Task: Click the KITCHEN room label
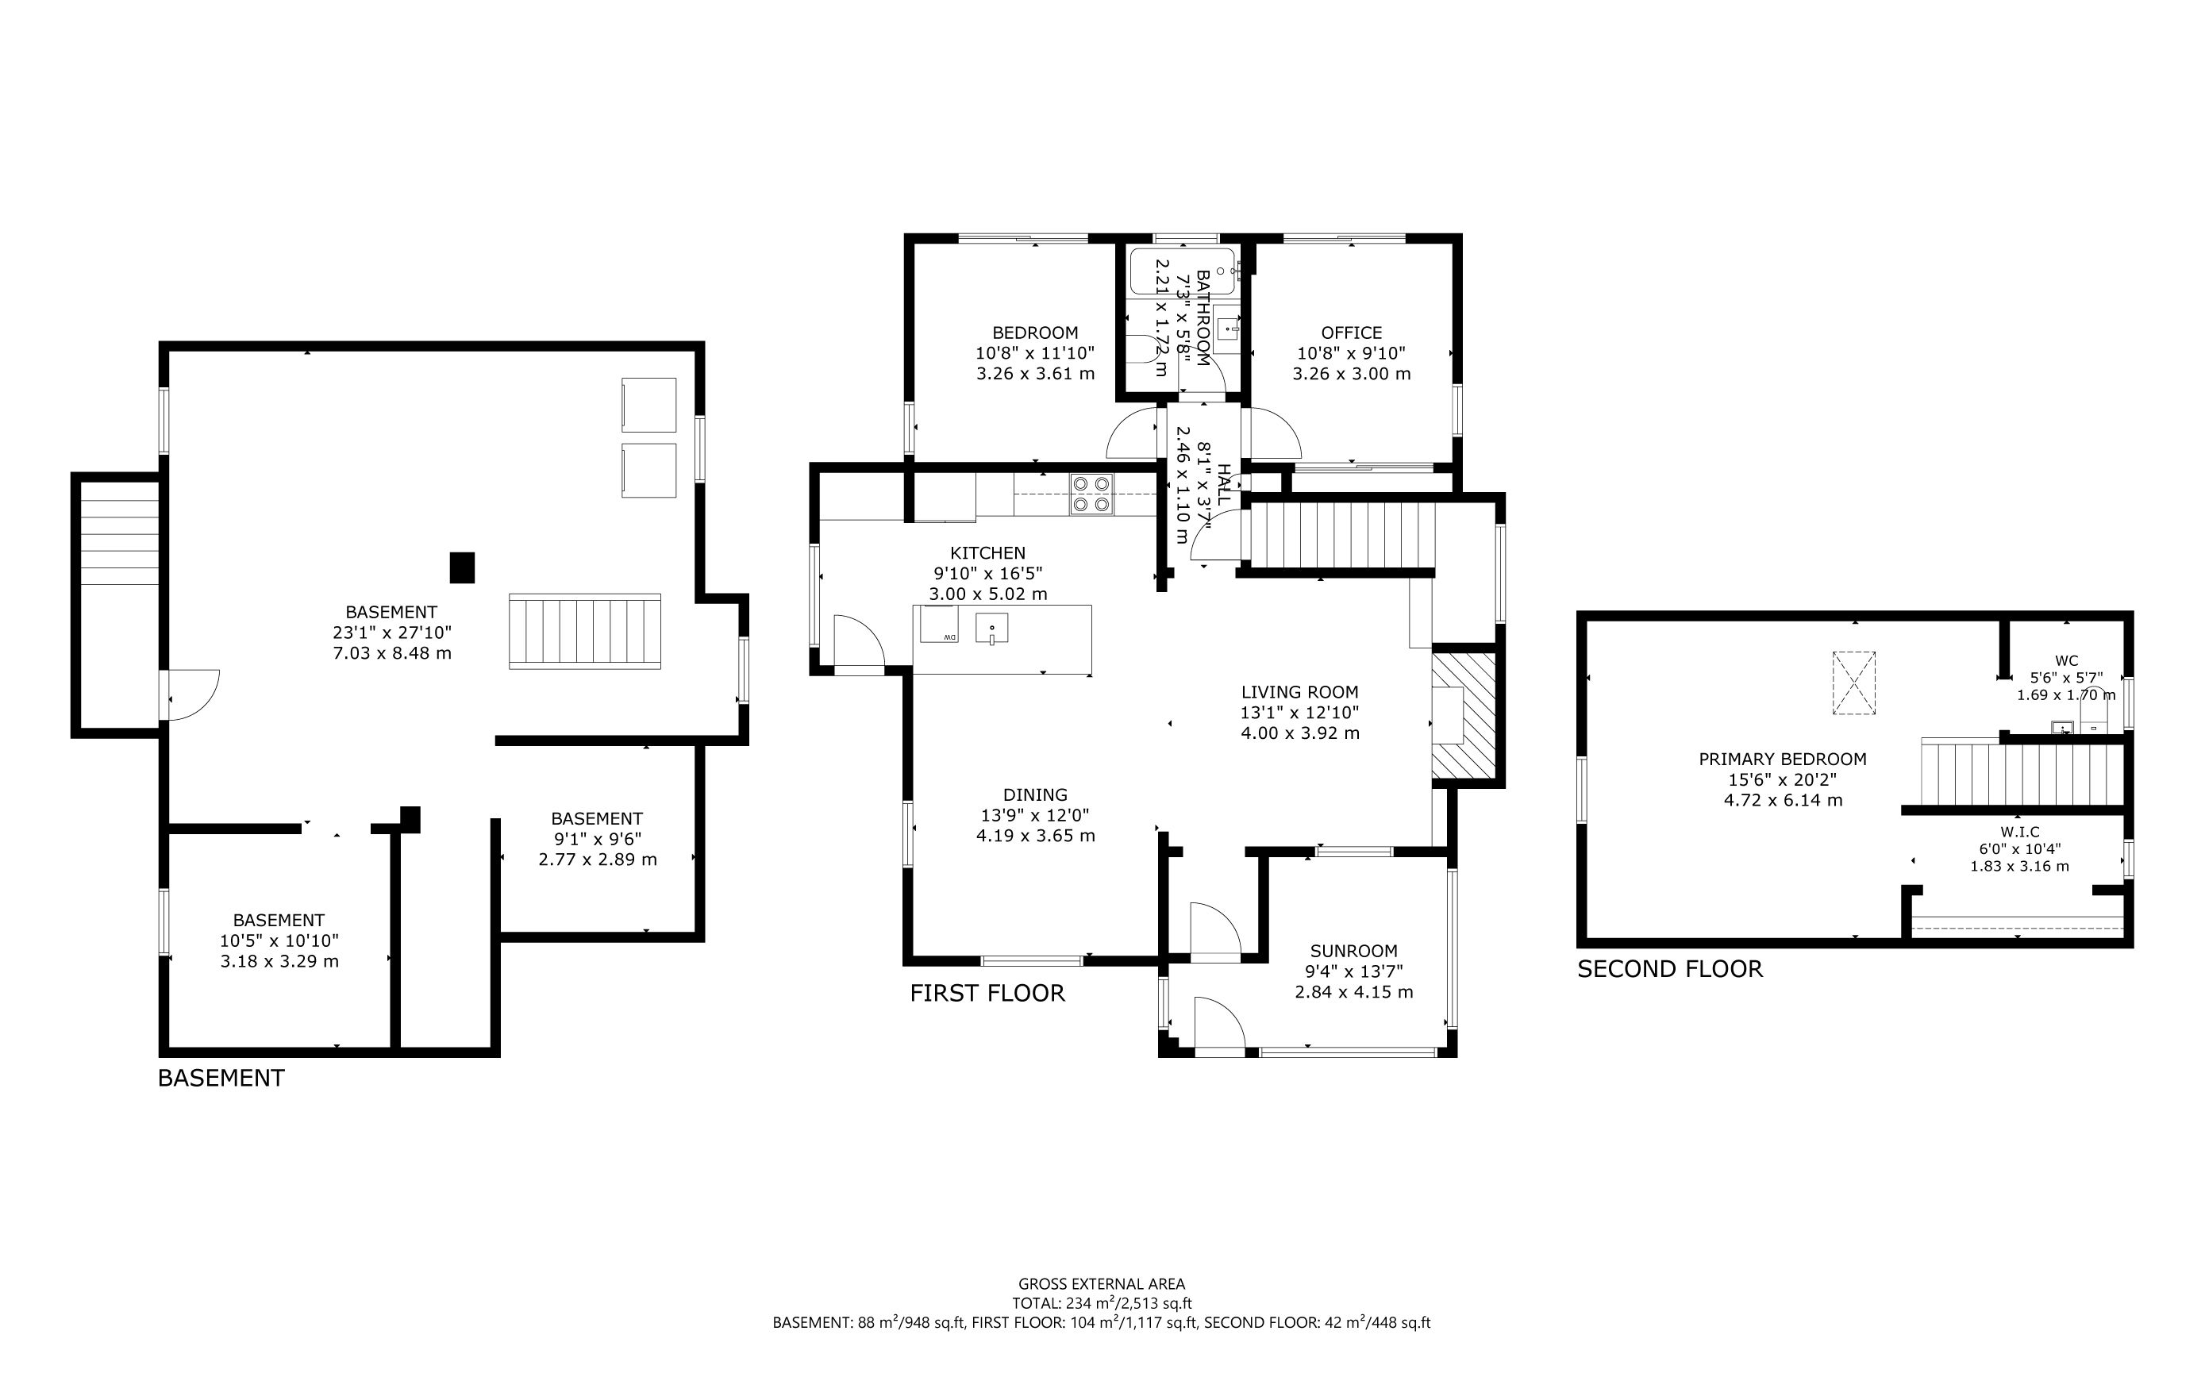(x=987, y=553)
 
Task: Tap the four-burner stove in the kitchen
(x=1091, y=494)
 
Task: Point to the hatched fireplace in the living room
(x=1464, y=716)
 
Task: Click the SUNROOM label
(x=1353, y=951)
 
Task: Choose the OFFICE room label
(x=1351, y=333)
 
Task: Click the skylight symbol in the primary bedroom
(x=1853, y=683)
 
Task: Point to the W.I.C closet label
(x=2019, y=832)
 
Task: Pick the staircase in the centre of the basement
(x=585, y=631)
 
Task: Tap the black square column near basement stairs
(x=463, y=567)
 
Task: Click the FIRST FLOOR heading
(x=987, y=994)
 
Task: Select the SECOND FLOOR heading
(x=1669, y=969)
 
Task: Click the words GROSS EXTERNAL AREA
(x=1101, y=1284)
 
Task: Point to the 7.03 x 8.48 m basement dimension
(x=391, y=653)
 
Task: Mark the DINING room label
(x=1035, y=795)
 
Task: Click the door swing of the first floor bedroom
(x=1129, y=435)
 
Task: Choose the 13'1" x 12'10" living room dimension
(x=1299, y=713)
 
